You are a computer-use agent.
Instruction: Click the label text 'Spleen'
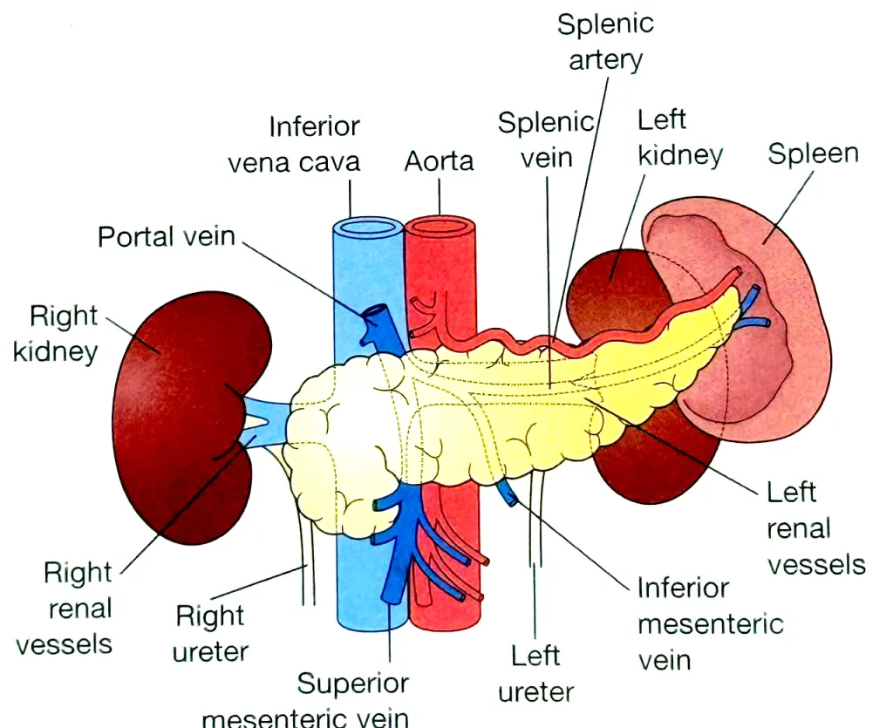coord(813,154)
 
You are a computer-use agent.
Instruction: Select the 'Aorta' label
coord(439,161)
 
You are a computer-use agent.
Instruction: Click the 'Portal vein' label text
coord(166,236)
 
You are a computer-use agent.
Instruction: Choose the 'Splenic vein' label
coord(544,139)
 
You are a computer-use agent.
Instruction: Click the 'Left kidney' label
coord(679,137)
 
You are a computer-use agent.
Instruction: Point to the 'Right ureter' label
coord(211,634)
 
